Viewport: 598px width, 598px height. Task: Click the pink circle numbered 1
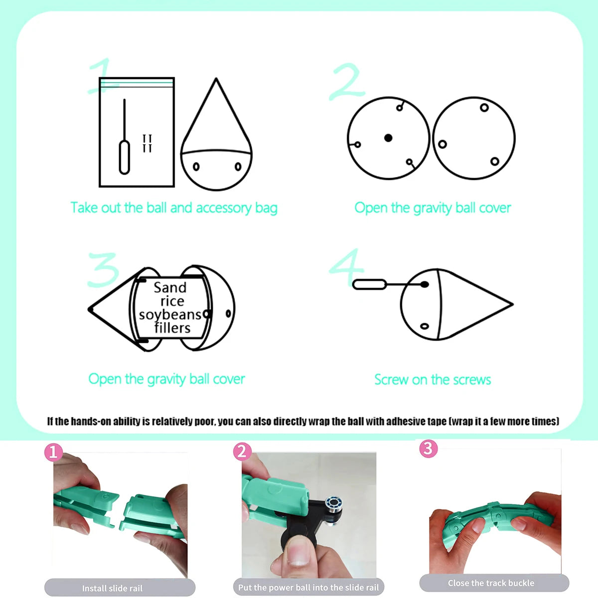tap(53, 452)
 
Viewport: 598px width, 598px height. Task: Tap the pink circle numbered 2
tap(242, 451)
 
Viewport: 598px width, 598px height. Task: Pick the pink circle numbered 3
tap(428, 448)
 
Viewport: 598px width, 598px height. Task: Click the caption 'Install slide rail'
tap(112, 589)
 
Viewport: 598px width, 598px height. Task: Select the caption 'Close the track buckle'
tap(491, 583)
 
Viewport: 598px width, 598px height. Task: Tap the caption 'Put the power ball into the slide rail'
tap(308, 588)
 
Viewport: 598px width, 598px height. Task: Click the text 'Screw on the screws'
tap(433, 380)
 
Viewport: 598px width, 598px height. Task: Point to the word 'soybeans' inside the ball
tap(170, 314)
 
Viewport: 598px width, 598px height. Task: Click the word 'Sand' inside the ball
tap(170, 288)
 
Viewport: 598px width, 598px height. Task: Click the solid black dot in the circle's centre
tap(388, 138)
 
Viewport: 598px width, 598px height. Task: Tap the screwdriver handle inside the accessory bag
tap(125, 157)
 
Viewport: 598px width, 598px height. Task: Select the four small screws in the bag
tap(147, 144)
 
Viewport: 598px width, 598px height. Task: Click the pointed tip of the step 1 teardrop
tap(216, 78)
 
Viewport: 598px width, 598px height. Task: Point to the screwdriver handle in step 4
tap(370, 284)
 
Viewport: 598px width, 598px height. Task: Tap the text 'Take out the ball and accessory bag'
tap(174, 208)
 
